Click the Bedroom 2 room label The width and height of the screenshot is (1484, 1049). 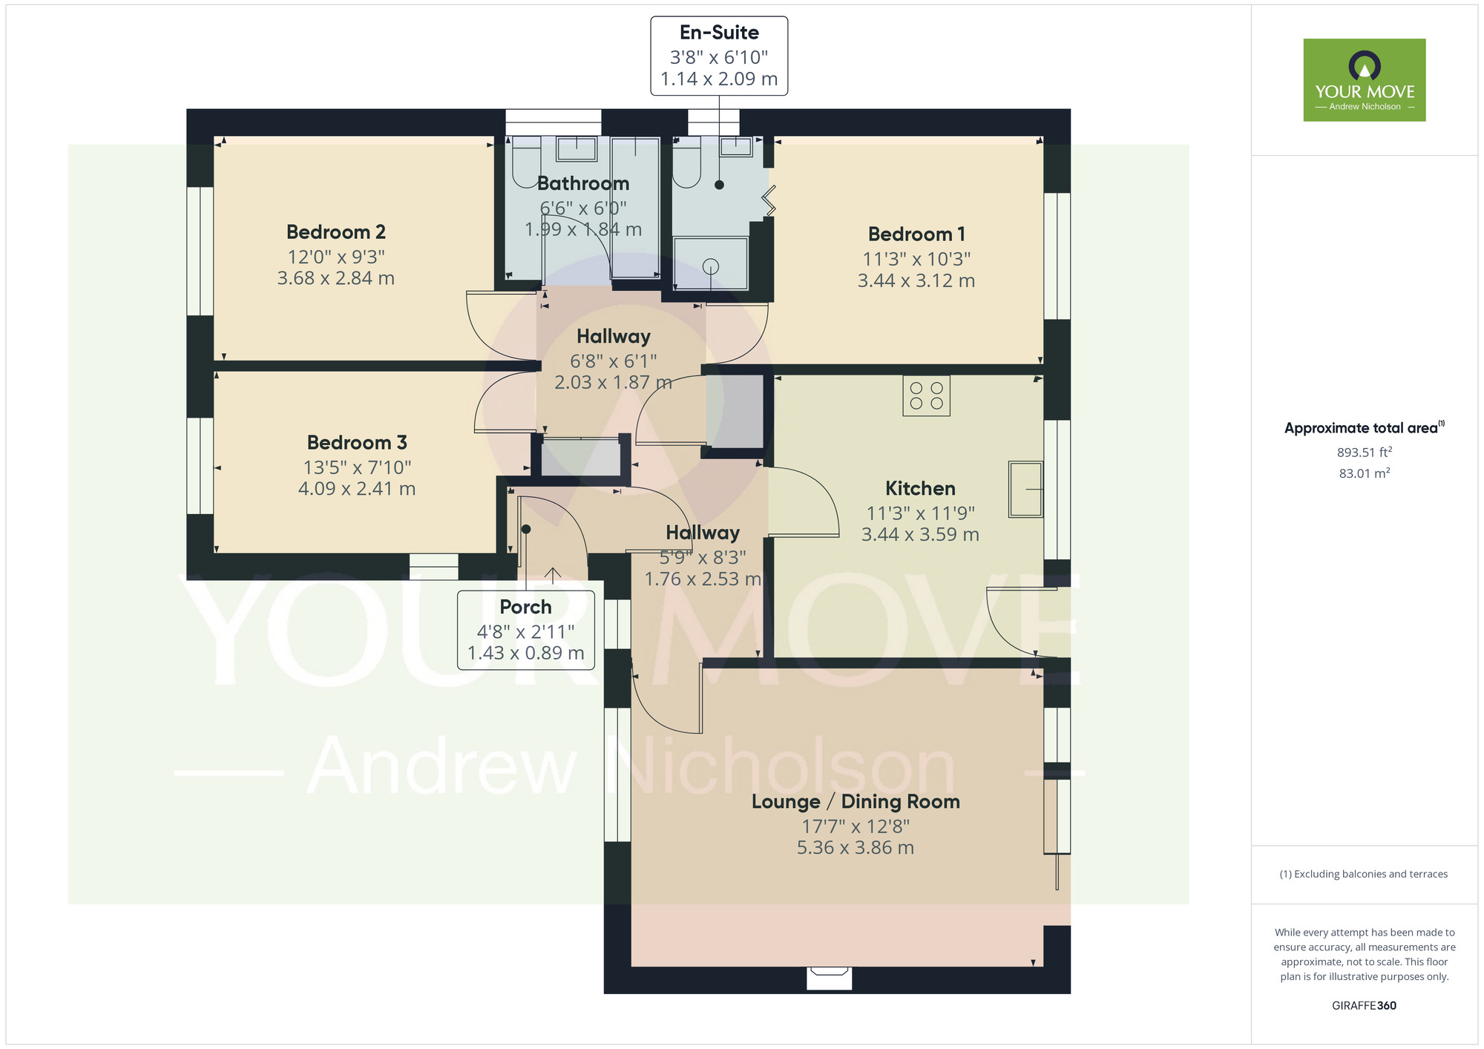click(x=336, y=232)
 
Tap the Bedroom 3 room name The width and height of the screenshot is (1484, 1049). click(x=357, y=443)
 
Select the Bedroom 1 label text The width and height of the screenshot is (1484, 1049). click(x=916, y=234)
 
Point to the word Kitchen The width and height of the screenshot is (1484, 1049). click(x=920, y=488)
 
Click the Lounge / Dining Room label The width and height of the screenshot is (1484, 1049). click(x=856, y=802)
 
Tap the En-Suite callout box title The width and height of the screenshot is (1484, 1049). click(x=719, y=33)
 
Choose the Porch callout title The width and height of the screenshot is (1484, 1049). click(x=525, y=607)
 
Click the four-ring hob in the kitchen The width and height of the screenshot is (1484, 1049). click(x=926, y=395)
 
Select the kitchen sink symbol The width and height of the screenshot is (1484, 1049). click(x=1025, y=489)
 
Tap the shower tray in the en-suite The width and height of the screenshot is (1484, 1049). click(x=711, y=263)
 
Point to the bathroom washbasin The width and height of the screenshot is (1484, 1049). click(x=577, y=149)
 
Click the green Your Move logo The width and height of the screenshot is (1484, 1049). click(x=1365, y=80)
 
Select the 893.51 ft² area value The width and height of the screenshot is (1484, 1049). click(x=1365, y=452)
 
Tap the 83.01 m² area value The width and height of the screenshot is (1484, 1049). click(x=1365, y=473)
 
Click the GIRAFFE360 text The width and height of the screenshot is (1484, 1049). click(x=1364, y=1006)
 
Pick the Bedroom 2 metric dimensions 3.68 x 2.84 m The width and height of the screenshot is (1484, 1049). click(x=336, y=278)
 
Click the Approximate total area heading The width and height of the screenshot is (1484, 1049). click(x=1365, y=428)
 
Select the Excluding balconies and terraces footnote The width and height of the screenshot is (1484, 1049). click(x=1364, y=874)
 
